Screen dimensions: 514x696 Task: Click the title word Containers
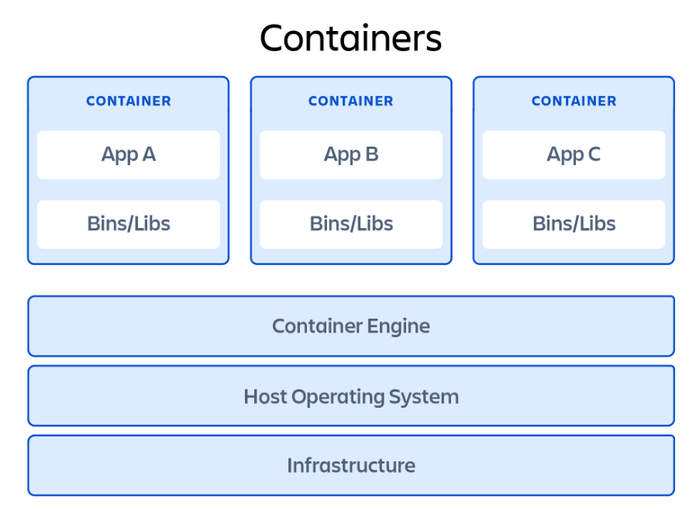pos(350,38)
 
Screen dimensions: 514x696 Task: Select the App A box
pos(129,154)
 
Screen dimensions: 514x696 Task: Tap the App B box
pos(351,154)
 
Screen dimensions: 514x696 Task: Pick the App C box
pos(574,154)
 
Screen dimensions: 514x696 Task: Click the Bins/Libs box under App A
pos(129,224)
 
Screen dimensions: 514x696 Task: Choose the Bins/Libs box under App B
pos(351,224)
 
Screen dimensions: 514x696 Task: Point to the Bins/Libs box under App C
pos(574,224)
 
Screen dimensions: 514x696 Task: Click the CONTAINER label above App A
pos(129,101)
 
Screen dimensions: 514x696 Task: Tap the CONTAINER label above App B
pos(351,101)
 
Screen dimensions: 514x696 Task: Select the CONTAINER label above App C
pos(574,101)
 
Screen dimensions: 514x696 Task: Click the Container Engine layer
pos(351,326)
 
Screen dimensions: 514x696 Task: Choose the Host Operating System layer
pos(351,396)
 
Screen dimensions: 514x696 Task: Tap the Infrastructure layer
pos(351,465)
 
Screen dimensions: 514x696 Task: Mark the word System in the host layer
pos(427,397)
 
